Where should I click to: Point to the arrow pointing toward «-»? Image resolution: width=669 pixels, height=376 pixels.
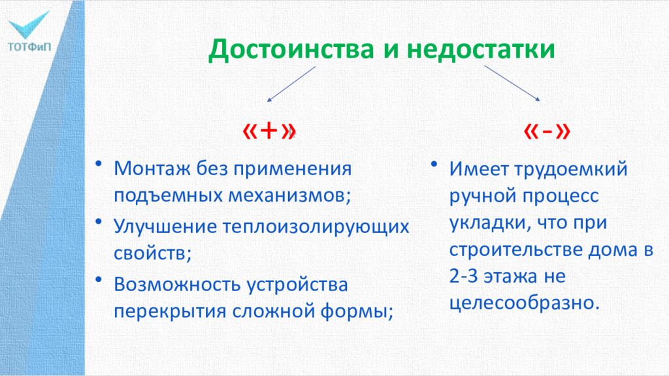(512, 84)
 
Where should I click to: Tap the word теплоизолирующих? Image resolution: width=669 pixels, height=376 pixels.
(318, 227)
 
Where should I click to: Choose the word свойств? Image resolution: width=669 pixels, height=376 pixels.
(151, 253)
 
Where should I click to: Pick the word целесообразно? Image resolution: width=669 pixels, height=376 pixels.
(523, 303)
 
